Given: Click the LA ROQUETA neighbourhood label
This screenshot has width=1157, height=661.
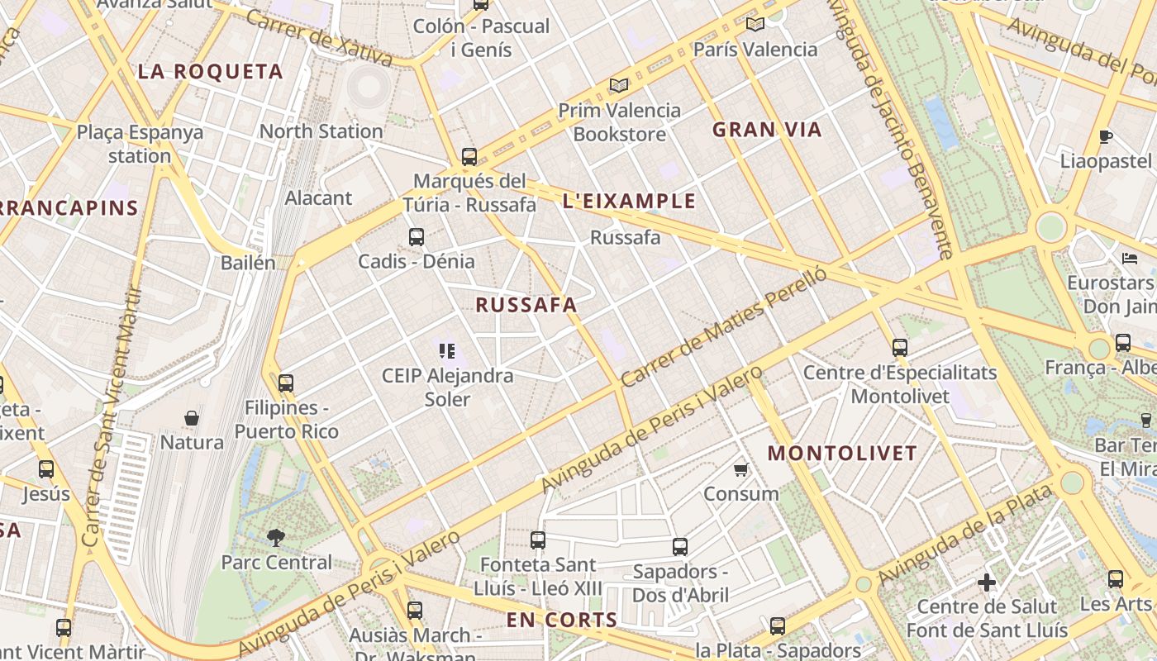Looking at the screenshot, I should (210, 72).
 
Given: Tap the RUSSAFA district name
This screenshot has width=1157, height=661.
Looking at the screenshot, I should (526, 305).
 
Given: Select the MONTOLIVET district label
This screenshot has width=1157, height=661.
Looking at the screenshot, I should (842, 453).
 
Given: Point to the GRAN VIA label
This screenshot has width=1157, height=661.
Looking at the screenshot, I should (767, 130).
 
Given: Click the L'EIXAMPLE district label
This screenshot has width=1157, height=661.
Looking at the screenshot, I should (629, 201).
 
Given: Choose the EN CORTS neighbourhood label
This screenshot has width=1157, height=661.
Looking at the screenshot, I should (562, 620).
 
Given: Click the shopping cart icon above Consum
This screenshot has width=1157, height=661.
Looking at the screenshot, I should (740, 469).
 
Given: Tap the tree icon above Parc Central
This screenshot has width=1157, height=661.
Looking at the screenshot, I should (276, 538).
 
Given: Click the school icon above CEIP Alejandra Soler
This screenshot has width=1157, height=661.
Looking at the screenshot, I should (447, 351).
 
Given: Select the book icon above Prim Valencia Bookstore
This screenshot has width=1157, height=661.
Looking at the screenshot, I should (619, 85).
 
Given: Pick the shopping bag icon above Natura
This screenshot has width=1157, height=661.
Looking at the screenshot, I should (192, 418).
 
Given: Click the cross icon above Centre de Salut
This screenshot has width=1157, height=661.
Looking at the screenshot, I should (986, 583).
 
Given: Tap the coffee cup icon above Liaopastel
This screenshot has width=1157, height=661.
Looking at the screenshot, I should (1106, 136).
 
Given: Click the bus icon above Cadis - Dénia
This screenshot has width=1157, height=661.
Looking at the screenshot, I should (417, 237).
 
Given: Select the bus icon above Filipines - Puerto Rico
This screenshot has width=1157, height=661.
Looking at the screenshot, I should (286, 383).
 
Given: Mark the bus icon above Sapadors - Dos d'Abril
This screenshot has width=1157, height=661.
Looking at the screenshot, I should (680, 546).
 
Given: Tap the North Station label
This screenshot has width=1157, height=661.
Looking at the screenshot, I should (321, 131).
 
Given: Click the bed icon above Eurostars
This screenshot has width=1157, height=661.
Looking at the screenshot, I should (1130, 258).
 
